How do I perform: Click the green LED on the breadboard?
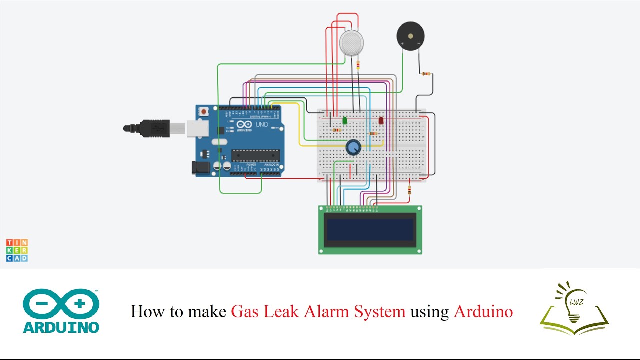click(345, 120)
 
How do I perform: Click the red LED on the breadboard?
click(381, 120)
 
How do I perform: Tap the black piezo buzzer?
click(410, 36)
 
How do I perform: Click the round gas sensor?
click(352, 42)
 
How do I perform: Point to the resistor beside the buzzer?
click(426, 74)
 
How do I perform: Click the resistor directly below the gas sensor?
click(358, 65)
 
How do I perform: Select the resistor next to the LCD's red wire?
click(410, 190)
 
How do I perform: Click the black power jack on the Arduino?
click(201, 167)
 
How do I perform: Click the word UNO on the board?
click(262, 124)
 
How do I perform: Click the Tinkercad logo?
click(17, 250)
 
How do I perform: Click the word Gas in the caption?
click(245, 311)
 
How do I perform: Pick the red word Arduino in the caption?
click(483, 311)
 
